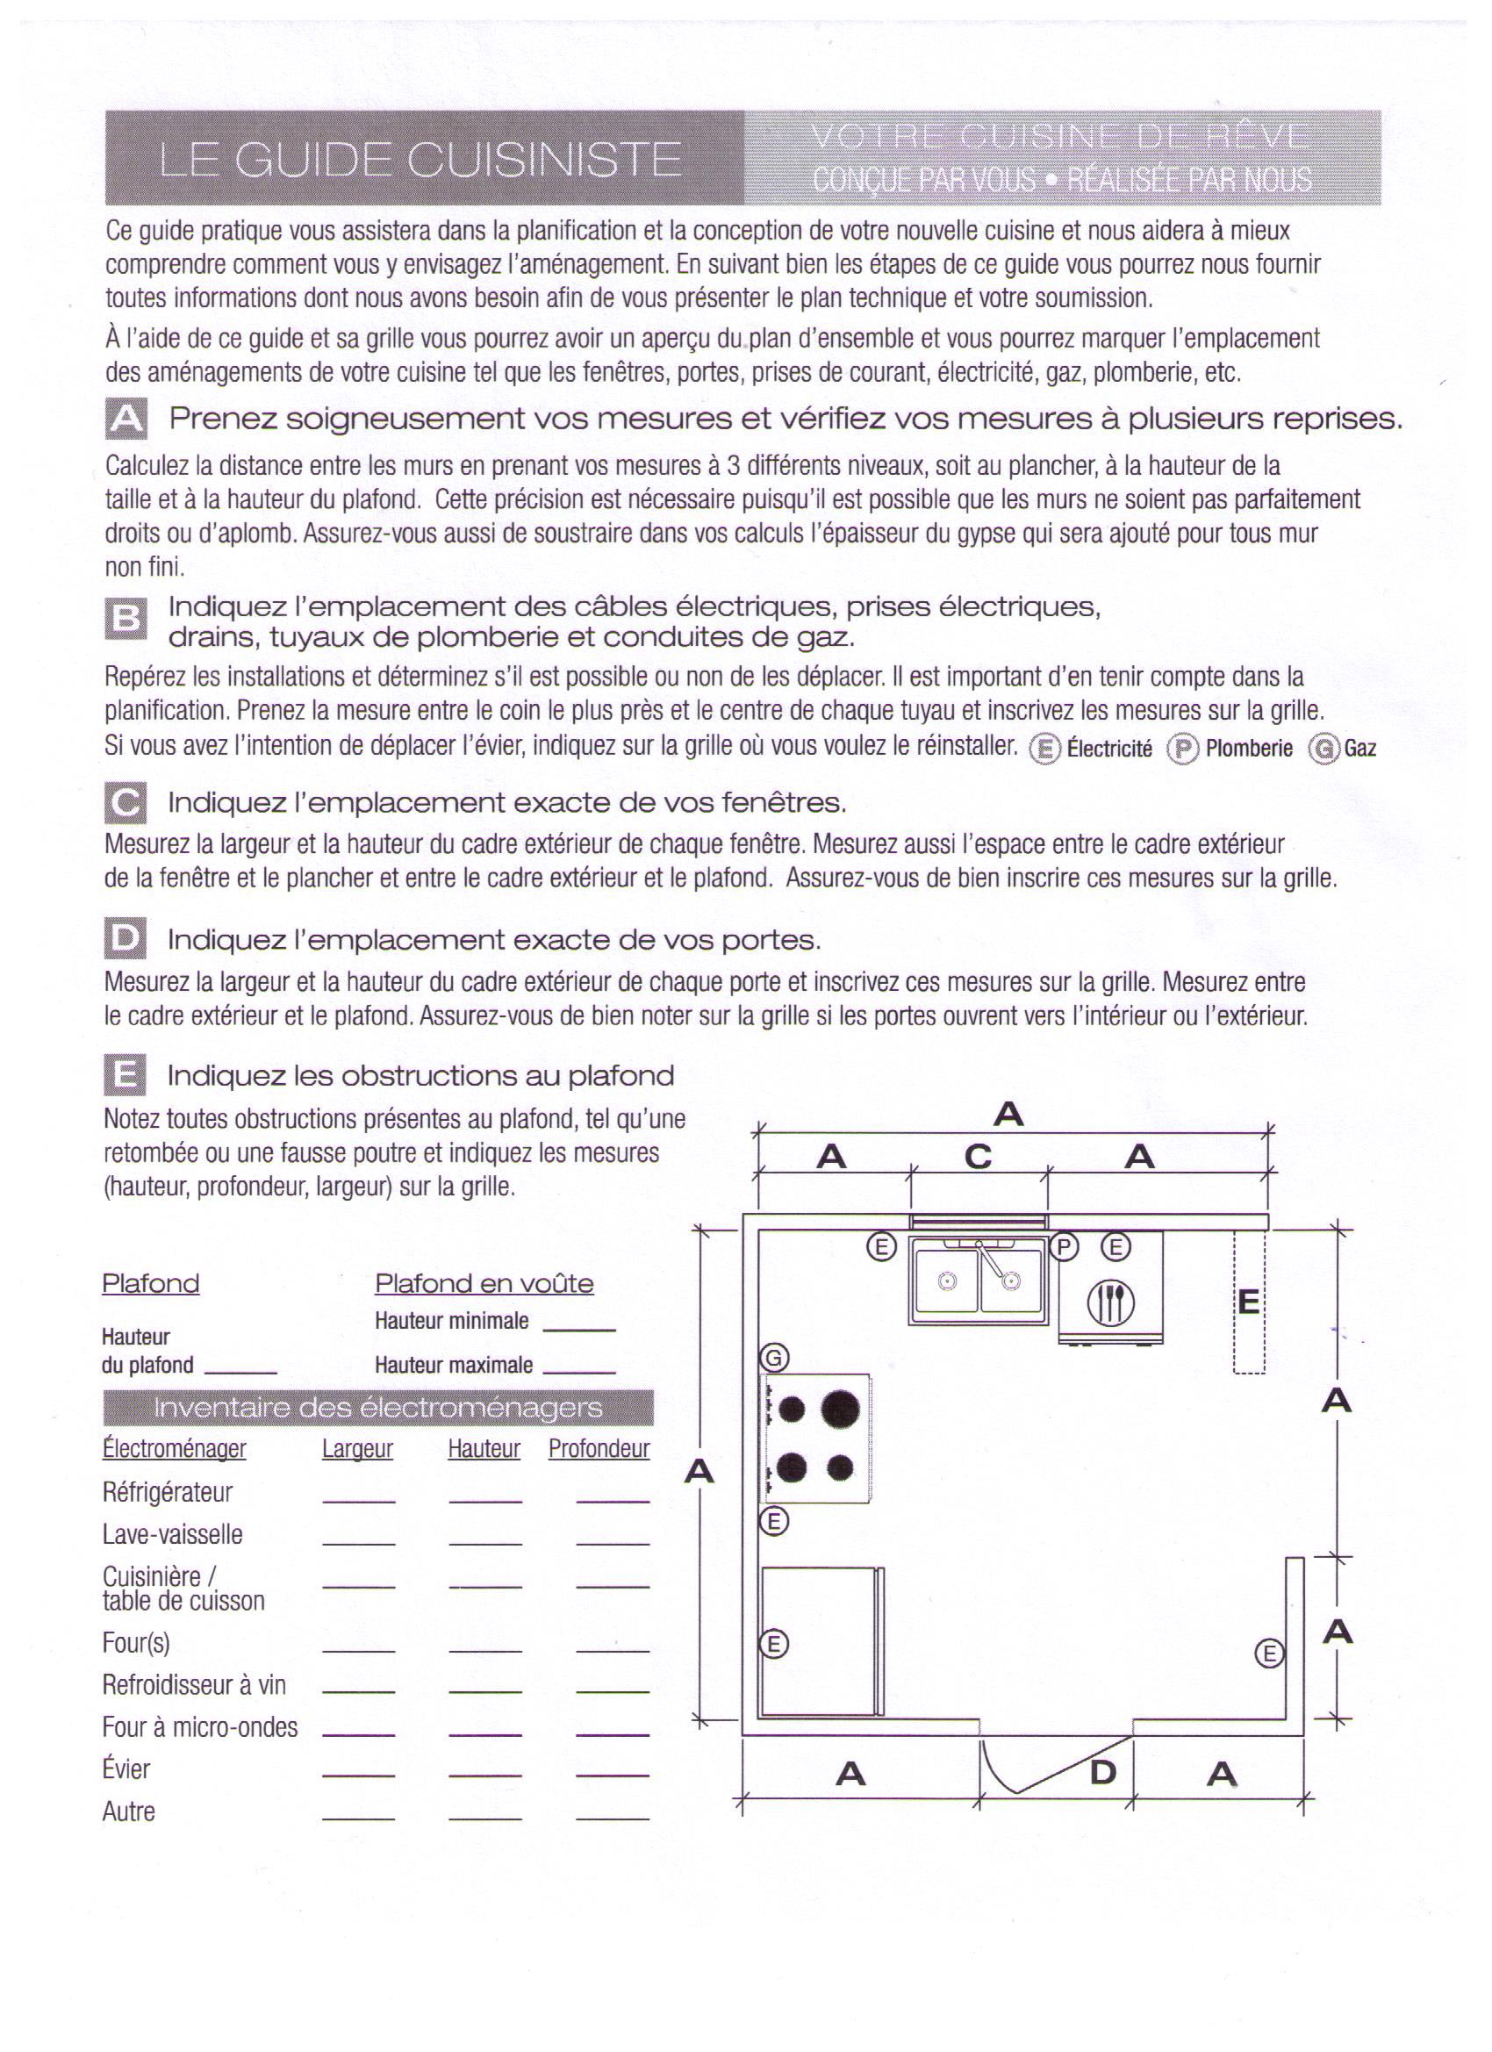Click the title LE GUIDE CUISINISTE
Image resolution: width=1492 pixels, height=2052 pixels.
coord(420,160)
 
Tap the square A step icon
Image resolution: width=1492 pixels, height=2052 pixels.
coord(126,420)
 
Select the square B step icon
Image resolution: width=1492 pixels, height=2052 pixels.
coord(125,620)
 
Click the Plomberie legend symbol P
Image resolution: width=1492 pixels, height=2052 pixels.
coord(1181,750)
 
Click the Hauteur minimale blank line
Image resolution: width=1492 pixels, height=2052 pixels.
coord(579,1328)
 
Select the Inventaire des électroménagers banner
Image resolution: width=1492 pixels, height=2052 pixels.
coord(377,1408)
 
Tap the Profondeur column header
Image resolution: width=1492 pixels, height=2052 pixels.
coord(599,1449)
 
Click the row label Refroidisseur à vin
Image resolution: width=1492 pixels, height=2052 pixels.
coord(194,1684)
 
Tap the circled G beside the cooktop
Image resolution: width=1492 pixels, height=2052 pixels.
coord(774,1357)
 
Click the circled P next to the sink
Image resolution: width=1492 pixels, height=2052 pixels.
coord(1064,1248)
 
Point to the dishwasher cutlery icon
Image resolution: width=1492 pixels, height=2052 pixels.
coord(1110,1302)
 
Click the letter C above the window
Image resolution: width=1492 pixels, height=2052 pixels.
coord(978,1156)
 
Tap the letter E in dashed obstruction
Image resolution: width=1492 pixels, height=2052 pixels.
coord(1249,1302)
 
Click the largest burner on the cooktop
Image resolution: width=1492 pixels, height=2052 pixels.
coord(842,1407)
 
